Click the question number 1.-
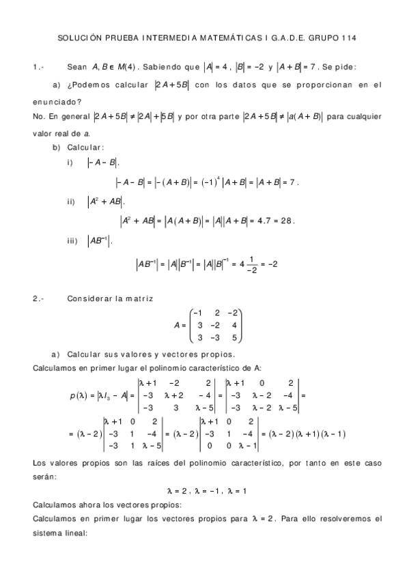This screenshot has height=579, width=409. (39, 67)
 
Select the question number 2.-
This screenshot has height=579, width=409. (39, 298)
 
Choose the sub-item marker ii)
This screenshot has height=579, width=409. (73, 201)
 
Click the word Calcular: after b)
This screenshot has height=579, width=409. (86, 147)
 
